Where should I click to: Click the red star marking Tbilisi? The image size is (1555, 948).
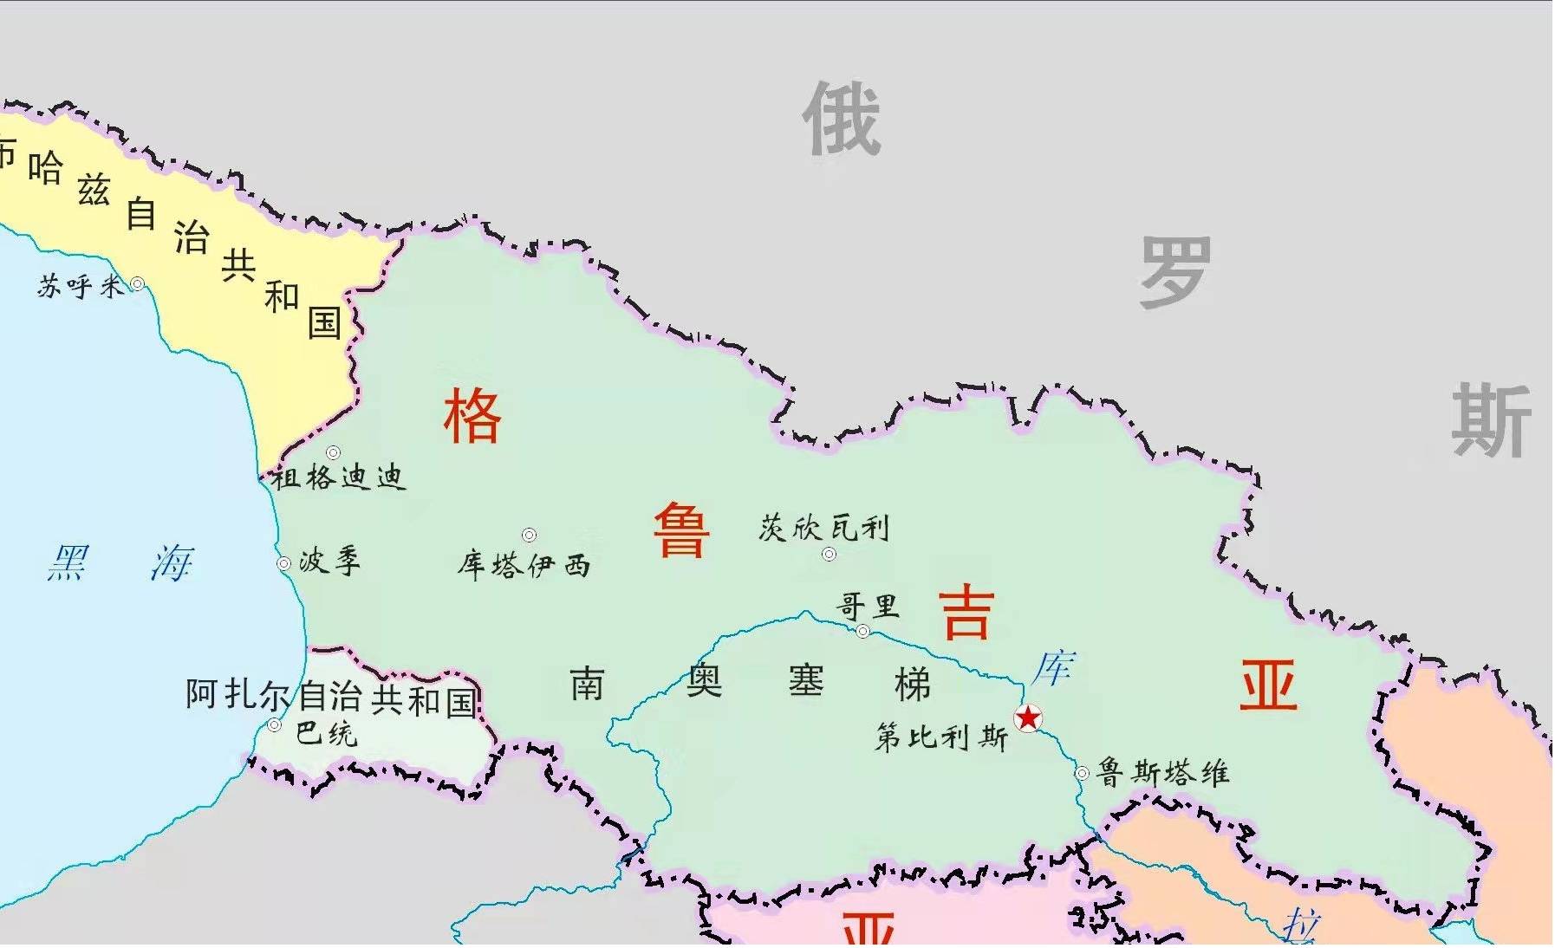[1028, 718]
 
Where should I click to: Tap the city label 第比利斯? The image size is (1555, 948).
[941, 738]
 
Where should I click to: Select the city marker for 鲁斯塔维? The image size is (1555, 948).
[1082, 773]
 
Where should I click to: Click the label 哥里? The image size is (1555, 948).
[867, 607]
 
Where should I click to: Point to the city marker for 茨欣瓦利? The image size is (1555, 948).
[829, 554]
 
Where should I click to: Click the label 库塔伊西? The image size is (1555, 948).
[524, 566]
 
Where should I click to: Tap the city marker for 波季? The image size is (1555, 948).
[283, 564]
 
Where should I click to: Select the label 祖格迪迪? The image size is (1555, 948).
[339, 477]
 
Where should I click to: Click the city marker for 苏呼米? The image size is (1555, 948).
[137, 283]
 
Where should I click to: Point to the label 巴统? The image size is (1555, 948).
[326, 733]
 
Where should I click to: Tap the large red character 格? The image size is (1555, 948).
[472, 417]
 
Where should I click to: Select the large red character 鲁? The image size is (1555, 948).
[681, 530]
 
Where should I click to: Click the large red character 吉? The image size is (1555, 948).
[966, 612]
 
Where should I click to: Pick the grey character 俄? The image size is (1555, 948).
[841, 120]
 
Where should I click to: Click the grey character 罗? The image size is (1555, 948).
[1174, 272]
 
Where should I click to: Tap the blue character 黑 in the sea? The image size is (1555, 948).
[68, 563]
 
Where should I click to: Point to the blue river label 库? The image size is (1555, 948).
[1054, 668]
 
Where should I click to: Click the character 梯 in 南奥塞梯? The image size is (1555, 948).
[912, 685]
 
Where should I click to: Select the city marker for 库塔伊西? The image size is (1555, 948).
[529, 536]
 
